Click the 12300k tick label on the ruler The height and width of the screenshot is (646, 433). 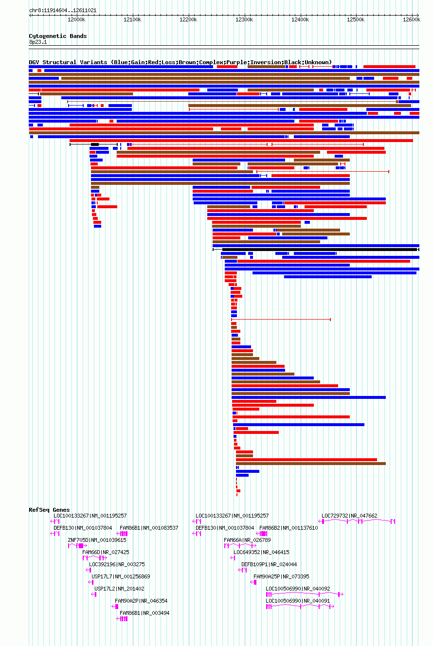pos(244,19)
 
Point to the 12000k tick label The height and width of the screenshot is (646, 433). pos(76,19)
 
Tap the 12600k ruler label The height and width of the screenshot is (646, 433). pos(412,19)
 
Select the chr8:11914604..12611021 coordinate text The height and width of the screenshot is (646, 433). pos(63,10)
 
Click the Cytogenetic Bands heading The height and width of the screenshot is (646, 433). pos(58,36)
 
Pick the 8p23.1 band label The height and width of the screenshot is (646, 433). pos(37,42)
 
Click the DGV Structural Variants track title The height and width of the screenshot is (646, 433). pos(180,62)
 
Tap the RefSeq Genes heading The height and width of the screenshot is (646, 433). pos(49,510)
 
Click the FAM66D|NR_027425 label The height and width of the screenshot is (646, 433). pos(106,552)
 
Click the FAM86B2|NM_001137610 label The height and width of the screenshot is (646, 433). pos(289,528)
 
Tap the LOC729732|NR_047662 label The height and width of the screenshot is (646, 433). pos(349,516)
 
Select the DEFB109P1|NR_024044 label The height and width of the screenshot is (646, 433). pos(269,564)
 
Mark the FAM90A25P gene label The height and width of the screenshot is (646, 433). pos(281,576)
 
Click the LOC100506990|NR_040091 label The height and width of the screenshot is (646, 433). pos(298,601)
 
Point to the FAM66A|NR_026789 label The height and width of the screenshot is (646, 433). pos(247,540)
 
